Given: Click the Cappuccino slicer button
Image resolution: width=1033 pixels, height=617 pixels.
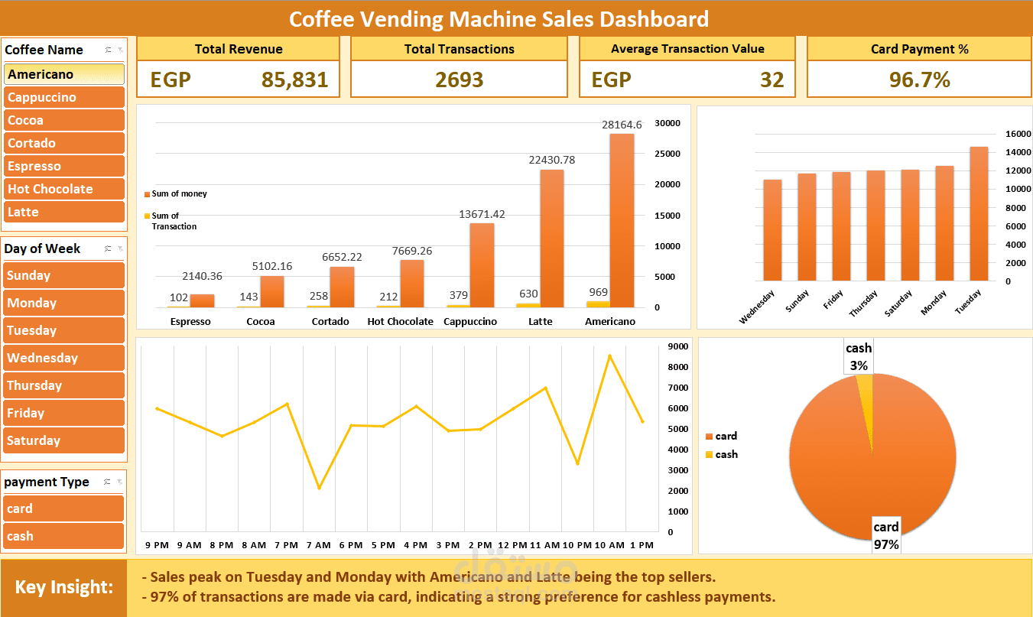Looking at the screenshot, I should pos(63,97).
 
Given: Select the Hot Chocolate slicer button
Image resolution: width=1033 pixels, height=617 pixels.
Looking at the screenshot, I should pos(63,189).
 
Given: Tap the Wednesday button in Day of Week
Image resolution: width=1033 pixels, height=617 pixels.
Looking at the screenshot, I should pos(63,358).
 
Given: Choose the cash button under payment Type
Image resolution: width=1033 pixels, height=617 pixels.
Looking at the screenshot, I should pos(63,536).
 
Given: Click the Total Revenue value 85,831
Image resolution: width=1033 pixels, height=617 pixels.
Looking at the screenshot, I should pos(294,80).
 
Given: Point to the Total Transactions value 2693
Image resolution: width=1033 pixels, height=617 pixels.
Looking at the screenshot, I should pos(459,80).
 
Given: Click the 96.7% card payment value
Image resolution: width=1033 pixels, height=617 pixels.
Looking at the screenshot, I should pos(919,80).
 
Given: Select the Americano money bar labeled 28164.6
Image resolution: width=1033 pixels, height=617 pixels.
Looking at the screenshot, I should pos(622,222).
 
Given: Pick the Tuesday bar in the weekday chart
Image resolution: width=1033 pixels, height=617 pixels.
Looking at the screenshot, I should pos(979,214).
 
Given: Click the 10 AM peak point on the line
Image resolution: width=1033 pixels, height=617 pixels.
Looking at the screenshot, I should pos(609,356).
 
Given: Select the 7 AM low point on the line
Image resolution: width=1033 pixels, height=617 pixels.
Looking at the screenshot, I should pos(319,488).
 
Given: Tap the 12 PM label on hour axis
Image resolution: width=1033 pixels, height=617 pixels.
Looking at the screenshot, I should pos(508,545).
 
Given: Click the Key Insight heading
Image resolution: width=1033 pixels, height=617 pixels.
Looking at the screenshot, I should pos(64,587).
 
